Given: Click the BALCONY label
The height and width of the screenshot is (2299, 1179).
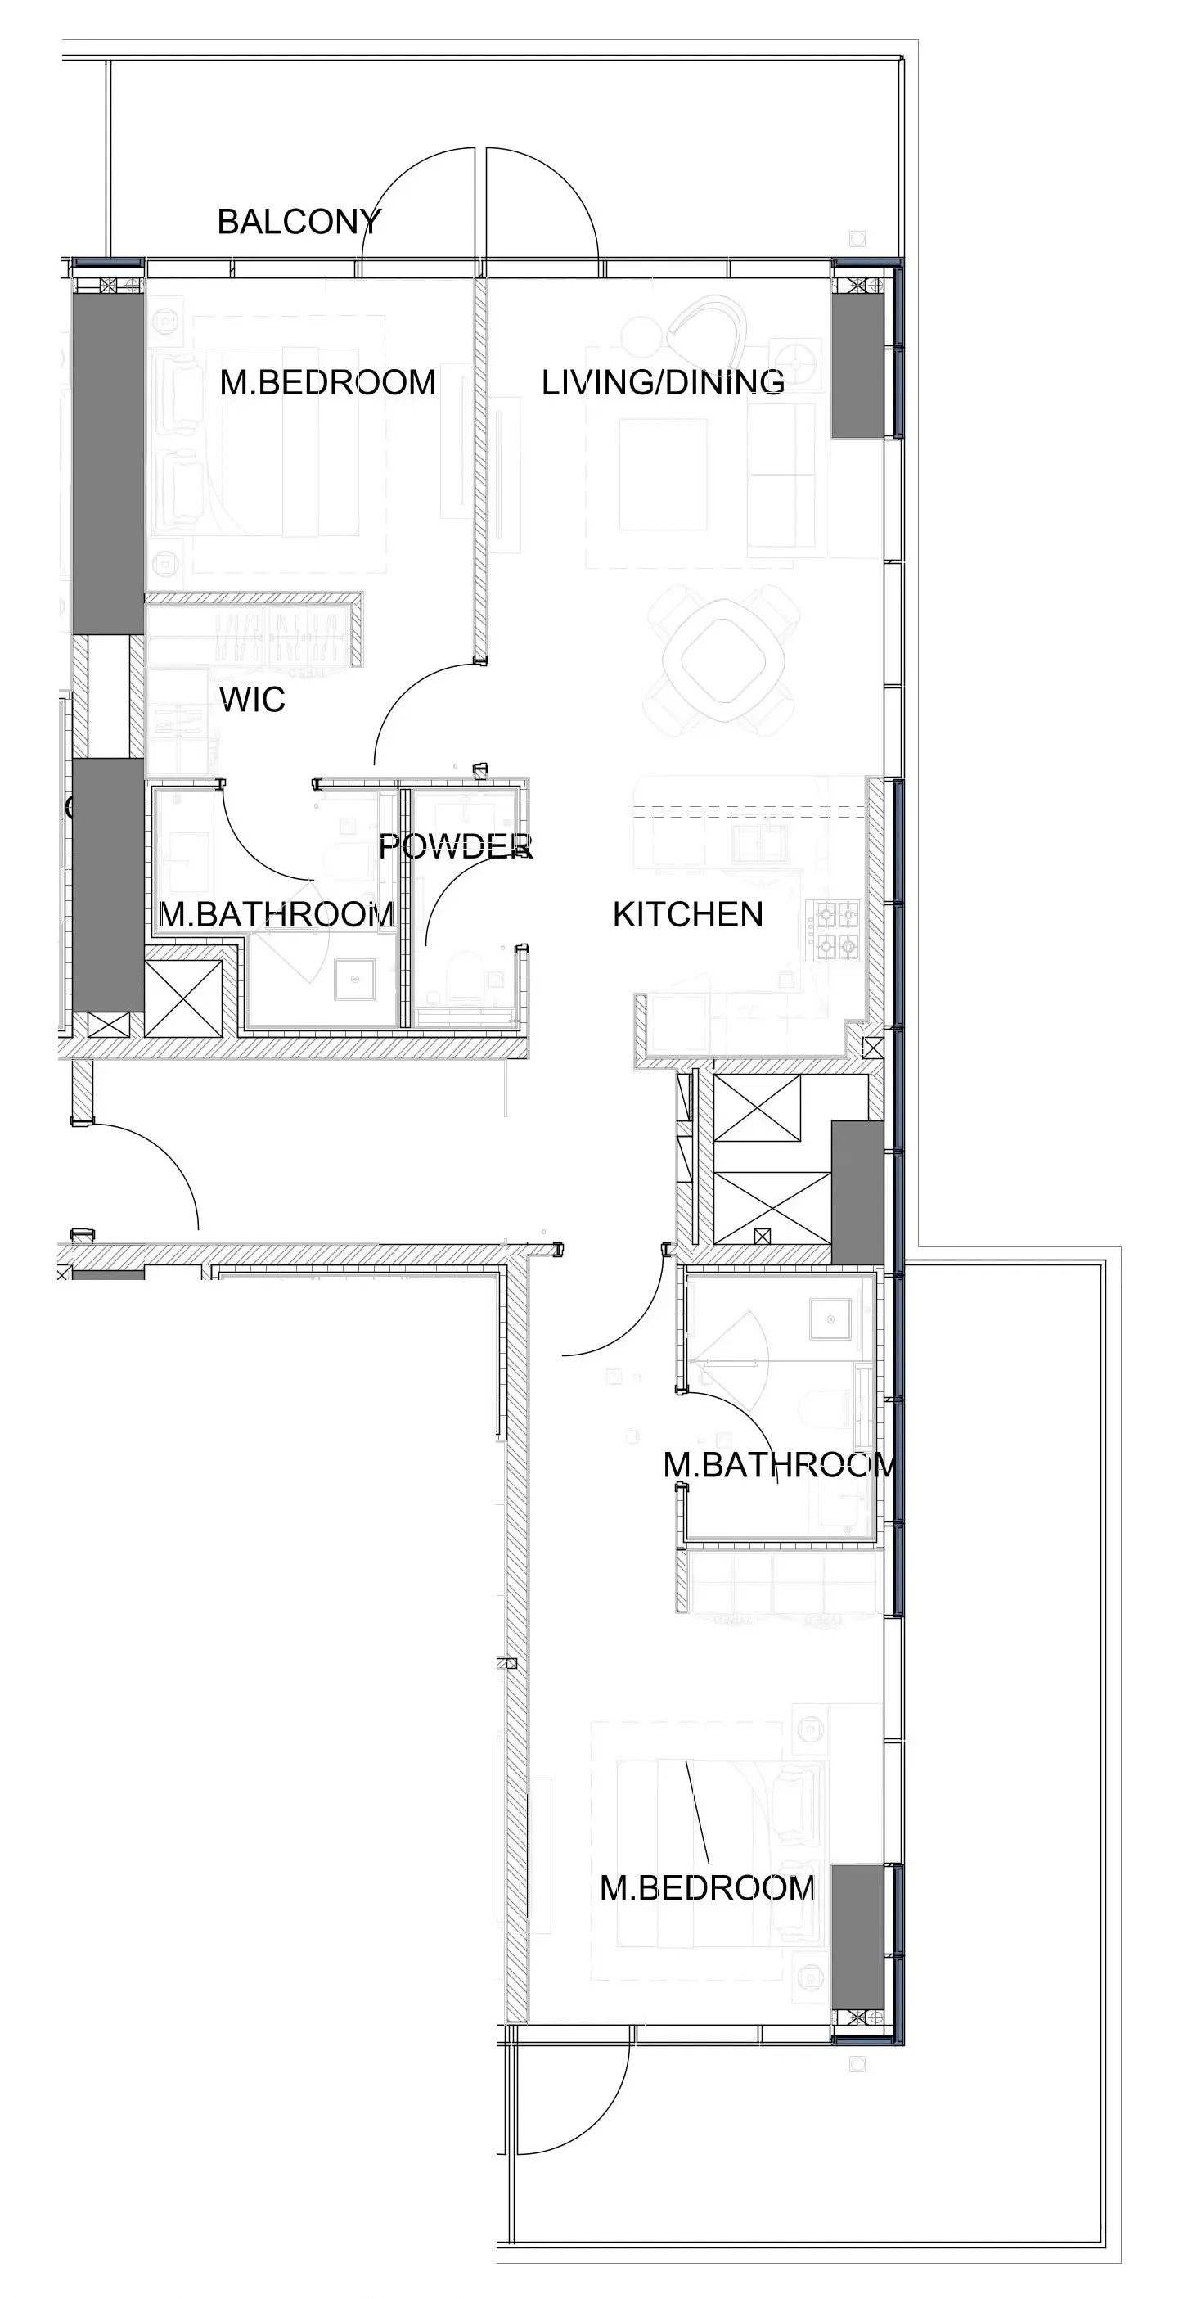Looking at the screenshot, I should (299, 221).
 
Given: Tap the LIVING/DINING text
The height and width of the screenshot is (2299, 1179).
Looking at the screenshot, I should (663, 382).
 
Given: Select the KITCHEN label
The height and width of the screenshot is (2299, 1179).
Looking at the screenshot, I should (687, 915).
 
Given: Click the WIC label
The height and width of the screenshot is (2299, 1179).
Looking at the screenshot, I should (253, 700).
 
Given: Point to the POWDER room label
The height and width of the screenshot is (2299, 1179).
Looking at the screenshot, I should (455, 846).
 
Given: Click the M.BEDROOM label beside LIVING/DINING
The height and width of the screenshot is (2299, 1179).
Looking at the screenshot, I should (327, 382).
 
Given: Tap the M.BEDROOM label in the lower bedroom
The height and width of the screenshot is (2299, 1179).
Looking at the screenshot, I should (707, 1887).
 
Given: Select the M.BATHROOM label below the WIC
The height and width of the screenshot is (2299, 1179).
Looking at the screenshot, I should (276, 915).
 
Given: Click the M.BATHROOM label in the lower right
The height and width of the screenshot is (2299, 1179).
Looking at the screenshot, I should (778, 1464).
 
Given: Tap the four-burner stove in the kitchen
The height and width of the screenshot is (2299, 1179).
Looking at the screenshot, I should (835, 929).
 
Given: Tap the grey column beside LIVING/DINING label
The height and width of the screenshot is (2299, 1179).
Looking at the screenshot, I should (857, 366).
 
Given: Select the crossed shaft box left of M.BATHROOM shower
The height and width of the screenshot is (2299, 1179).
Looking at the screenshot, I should (183, 998).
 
